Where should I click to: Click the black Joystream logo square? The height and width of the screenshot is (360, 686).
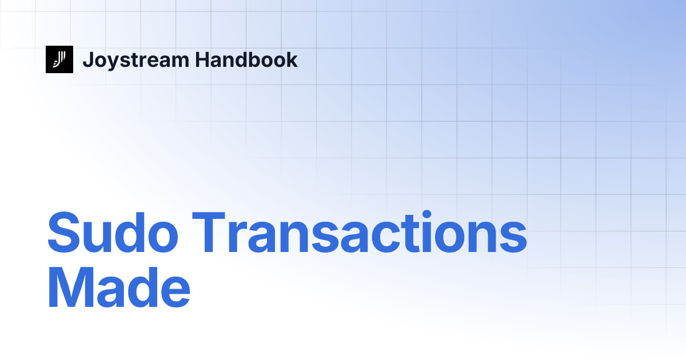[59, 59]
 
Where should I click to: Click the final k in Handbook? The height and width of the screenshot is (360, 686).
[292, 59]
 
